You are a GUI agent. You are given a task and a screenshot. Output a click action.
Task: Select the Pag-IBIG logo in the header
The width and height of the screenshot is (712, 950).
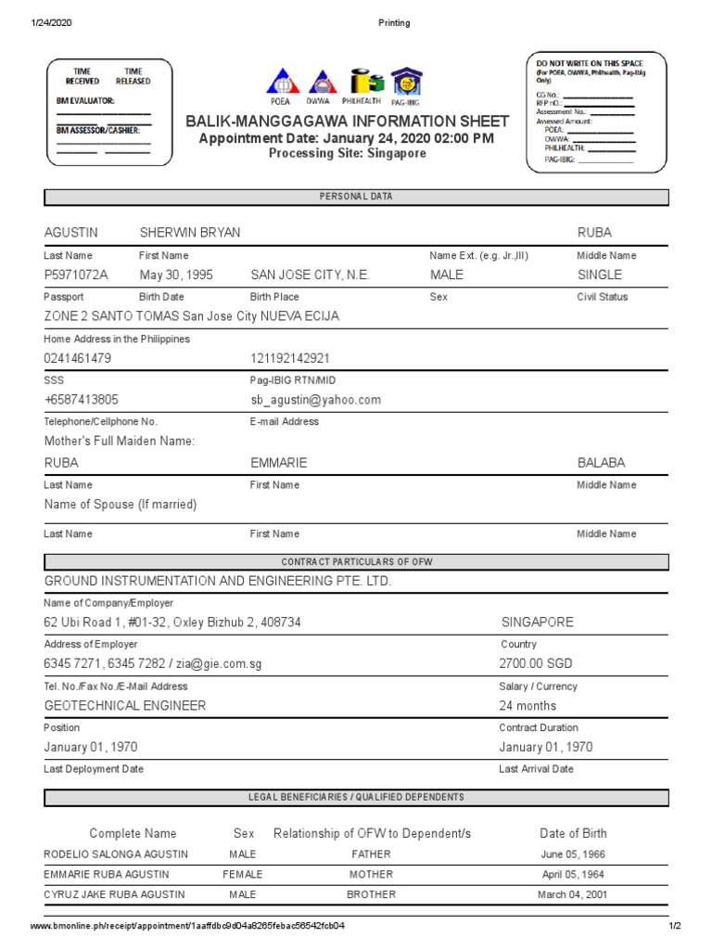[x=405, y=82]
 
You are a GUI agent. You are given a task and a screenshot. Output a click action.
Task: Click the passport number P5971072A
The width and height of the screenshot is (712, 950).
[x=76, y=275]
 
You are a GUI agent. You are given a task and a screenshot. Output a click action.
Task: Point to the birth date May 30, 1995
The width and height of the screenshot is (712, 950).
[x=176, y=275]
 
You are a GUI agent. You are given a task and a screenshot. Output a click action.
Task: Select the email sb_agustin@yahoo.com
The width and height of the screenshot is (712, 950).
[x=315, y=400]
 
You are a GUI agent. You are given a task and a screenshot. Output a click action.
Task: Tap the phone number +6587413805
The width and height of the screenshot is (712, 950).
[x=82, y=400]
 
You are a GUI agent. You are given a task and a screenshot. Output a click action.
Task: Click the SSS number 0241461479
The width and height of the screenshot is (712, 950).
[x=78, y=358]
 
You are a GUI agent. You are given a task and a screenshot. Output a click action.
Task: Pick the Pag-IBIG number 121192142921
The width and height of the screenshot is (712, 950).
[x=289, y=358]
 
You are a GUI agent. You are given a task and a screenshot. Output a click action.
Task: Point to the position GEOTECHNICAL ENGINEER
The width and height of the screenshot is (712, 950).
[x=125, y=705]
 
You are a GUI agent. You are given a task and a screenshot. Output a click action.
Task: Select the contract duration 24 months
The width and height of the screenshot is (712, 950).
[x=528, y=705]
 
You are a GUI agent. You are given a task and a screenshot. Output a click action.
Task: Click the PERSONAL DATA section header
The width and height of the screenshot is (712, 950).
[x=356, y=198]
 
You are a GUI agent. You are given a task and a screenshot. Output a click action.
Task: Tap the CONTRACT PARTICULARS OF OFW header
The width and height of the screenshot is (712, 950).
[x=356, y=562]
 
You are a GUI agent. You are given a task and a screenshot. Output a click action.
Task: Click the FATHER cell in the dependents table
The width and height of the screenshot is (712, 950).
[x=371, y=854]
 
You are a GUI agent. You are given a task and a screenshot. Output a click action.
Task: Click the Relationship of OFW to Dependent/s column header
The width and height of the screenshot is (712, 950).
[x=372, y=833]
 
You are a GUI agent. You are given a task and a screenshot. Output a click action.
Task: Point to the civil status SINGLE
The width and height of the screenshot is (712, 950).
[x=600, y=275]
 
